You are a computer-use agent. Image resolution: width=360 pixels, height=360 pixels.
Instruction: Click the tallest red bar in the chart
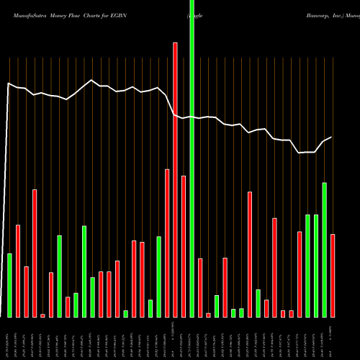point(175,180)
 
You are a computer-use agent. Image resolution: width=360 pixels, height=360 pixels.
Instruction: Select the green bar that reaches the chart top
point(192,180)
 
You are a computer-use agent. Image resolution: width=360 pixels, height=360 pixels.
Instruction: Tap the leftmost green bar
point(10,285)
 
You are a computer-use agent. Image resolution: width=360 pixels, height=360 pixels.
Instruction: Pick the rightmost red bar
point(333,276)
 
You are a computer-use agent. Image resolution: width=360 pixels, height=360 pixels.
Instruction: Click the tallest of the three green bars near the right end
point(325,250)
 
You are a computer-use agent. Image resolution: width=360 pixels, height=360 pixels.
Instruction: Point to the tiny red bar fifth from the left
point(42,315)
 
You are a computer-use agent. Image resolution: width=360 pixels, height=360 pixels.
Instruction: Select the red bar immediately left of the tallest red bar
point(167,243)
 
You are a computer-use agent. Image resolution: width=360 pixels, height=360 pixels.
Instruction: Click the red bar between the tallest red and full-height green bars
point(184,246)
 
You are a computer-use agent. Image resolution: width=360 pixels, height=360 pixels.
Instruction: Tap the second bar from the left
point(18,271)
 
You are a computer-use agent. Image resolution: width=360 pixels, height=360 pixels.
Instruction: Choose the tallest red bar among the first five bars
point(35,253)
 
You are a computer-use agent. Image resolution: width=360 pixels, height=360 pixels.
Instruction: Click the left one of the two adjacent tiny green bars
point(233,312)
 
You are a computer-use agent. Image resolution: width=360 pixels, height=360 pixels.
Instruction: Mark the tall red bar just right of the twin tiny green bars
point(250,254)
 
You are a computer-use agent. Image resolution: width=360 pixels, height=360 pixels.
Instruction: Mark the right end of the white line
point(331,138)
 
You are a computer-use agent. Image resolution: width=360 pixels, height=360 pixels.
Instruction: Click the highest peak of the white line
point(91,80)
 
